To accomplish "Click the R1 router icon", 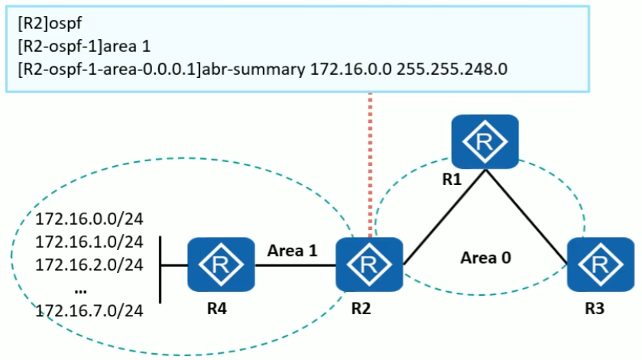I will pos(484,141).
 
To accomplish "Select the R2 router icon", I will pos(370,264).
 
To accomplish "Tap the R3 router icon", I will pos(599,264).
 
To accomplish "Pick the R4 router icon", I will pos(221,264).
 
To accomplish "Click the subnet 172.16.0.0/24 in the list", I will pos(90,219).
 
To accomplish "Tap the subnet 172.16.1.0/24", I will pos(90,242).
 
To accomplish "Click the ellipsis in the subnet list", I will pos(81,288).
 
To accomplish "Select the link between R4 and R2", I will pos(295,265).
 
